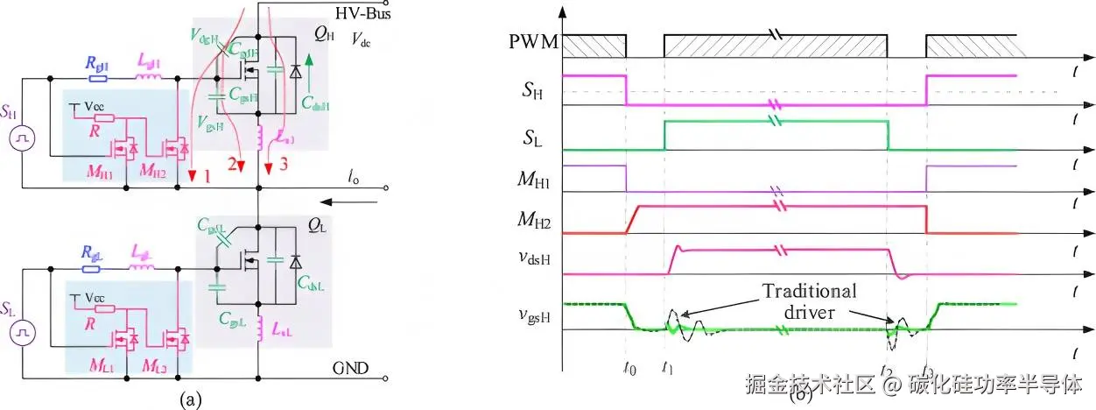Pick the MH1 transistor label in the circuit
pos(101,168)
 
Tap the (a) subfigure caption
pos(191,399)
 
